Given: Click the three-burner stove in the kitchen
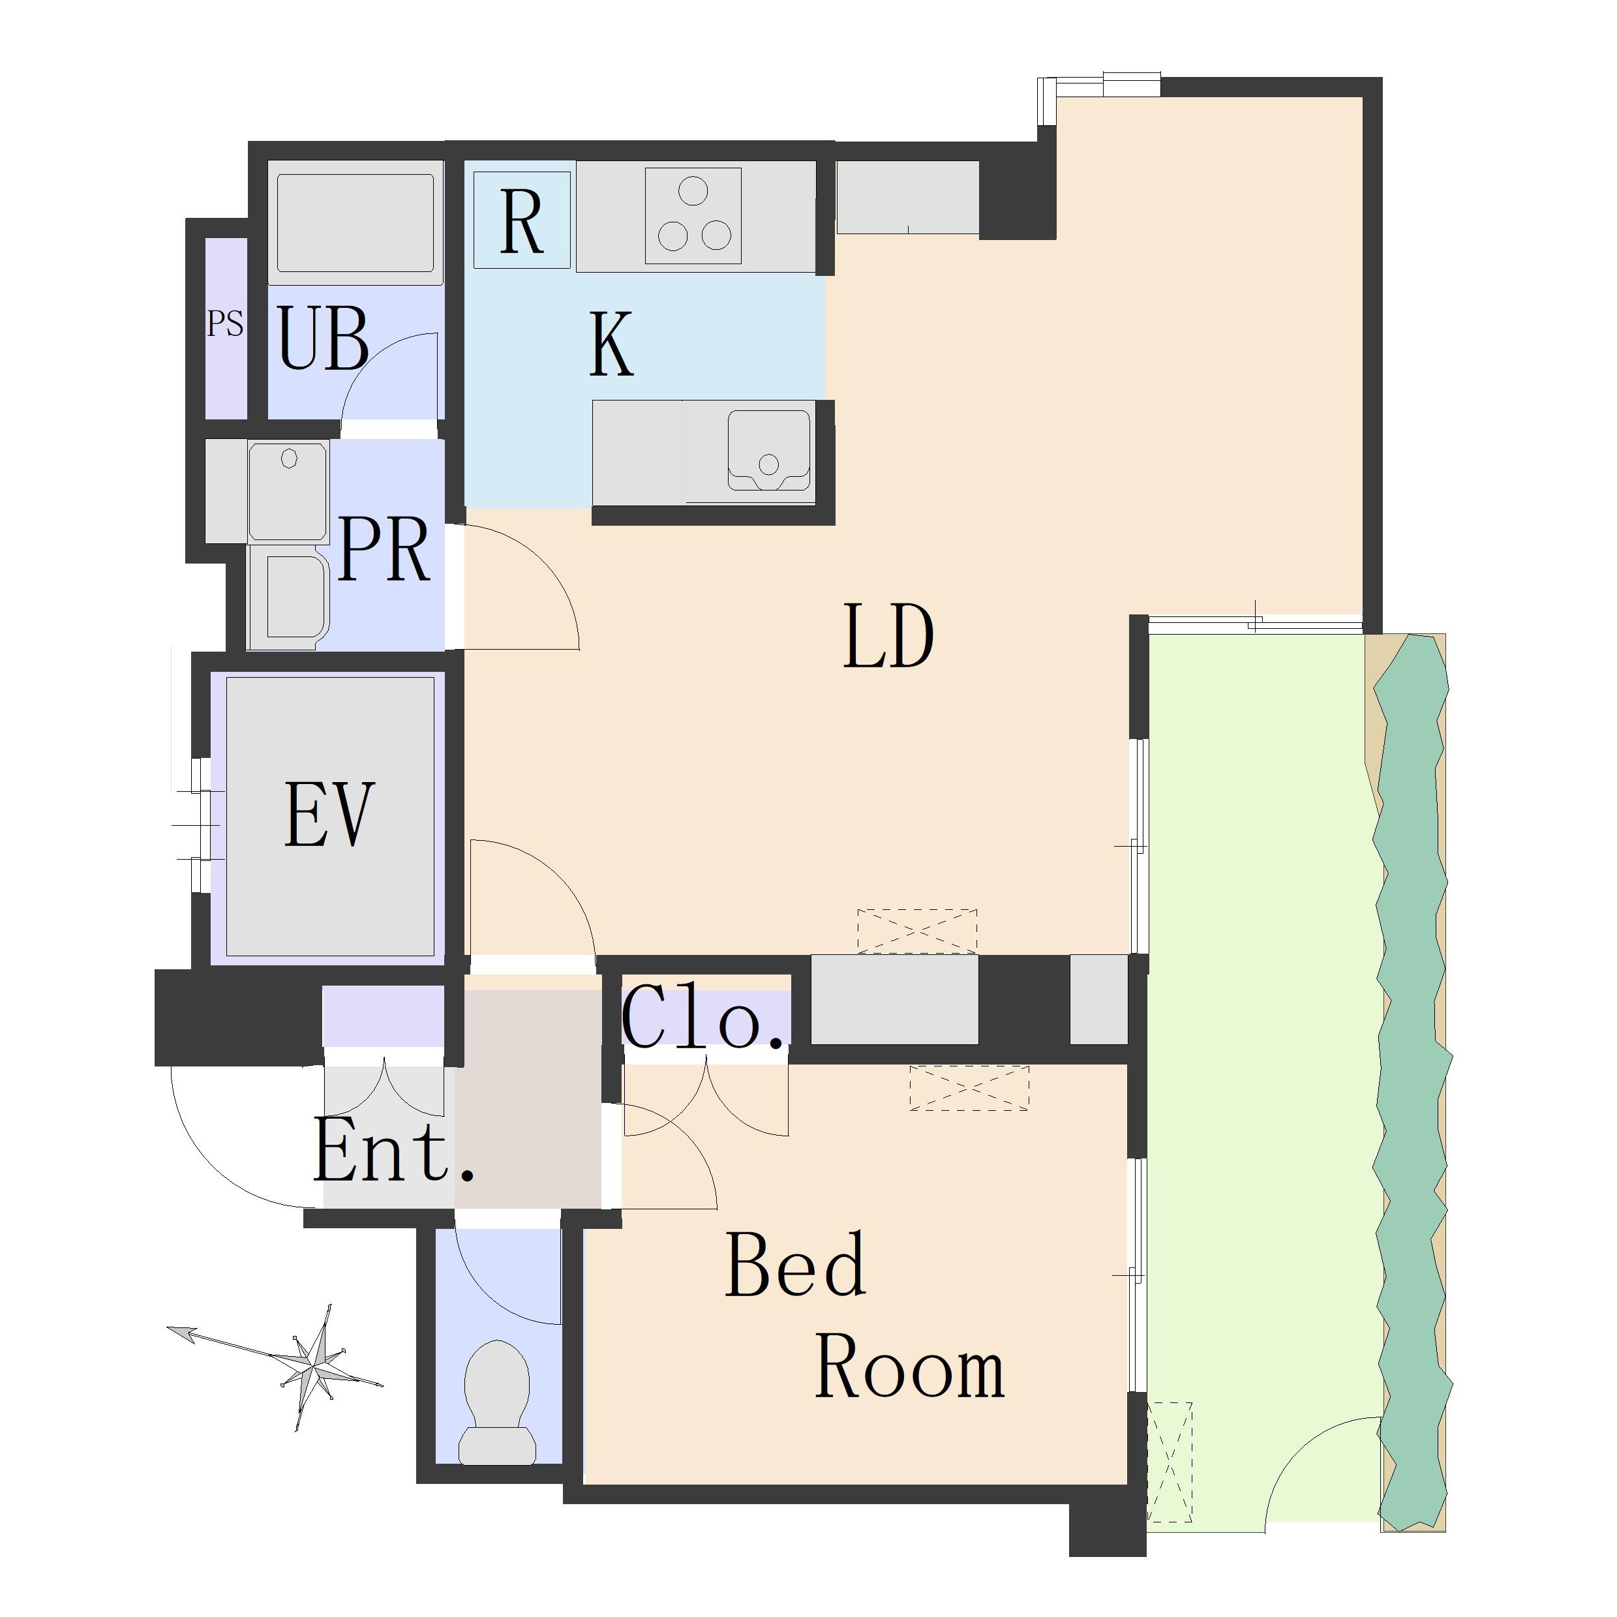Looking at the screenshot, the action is click(693, 216).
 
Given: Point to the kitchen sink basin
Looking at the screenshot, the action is click(769, 449).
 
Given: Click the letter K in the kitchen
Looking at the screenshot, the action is click(611, 343).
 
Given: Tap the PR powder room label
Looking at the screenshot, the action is click(384, 549).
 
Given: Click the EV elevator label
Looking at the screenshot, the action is click(328, 814).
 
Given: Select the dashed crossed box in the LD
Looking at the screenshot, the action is click(917, 931).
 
